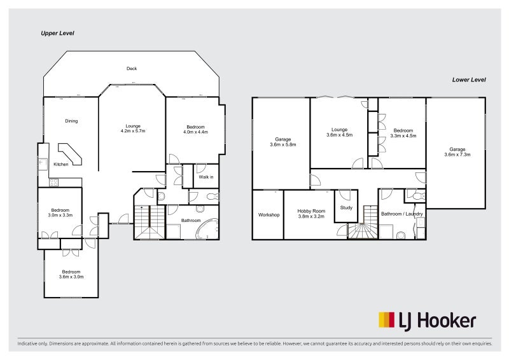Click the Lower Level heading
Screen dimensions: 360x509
[469, 80]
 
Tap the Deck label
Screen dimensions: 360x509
[132, 69]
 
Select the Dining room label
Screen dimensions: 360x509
[71, 121]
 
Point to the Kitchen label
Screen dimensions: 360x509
[61, 164]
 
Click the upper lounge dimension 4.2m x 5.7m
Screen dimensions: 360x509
[133, 131]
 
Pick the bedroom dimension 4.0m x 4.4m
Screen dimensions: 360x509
[195, 132]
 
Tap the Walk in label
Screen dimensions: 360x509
[206, 177]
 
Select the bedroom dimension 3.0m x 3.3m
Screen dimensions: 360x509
[60, 215]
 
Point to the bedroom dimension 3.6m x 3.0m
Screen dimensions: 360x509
[71, 277]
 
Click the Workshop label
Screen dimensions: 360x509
[268, 215]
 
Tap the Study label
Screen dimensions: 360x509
[346, 207]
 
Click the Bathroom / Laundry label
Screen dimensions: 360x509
[401, 214]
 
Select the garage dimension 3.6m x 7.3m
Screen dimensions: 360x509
[456, 154]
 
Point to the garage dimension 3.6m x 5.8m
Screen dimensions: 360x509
[282, 144]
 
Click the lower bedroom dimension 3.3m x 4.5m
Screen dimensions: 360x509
[403, 135]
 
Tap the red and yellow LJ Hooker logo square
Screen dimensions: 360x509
[386, 319]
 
